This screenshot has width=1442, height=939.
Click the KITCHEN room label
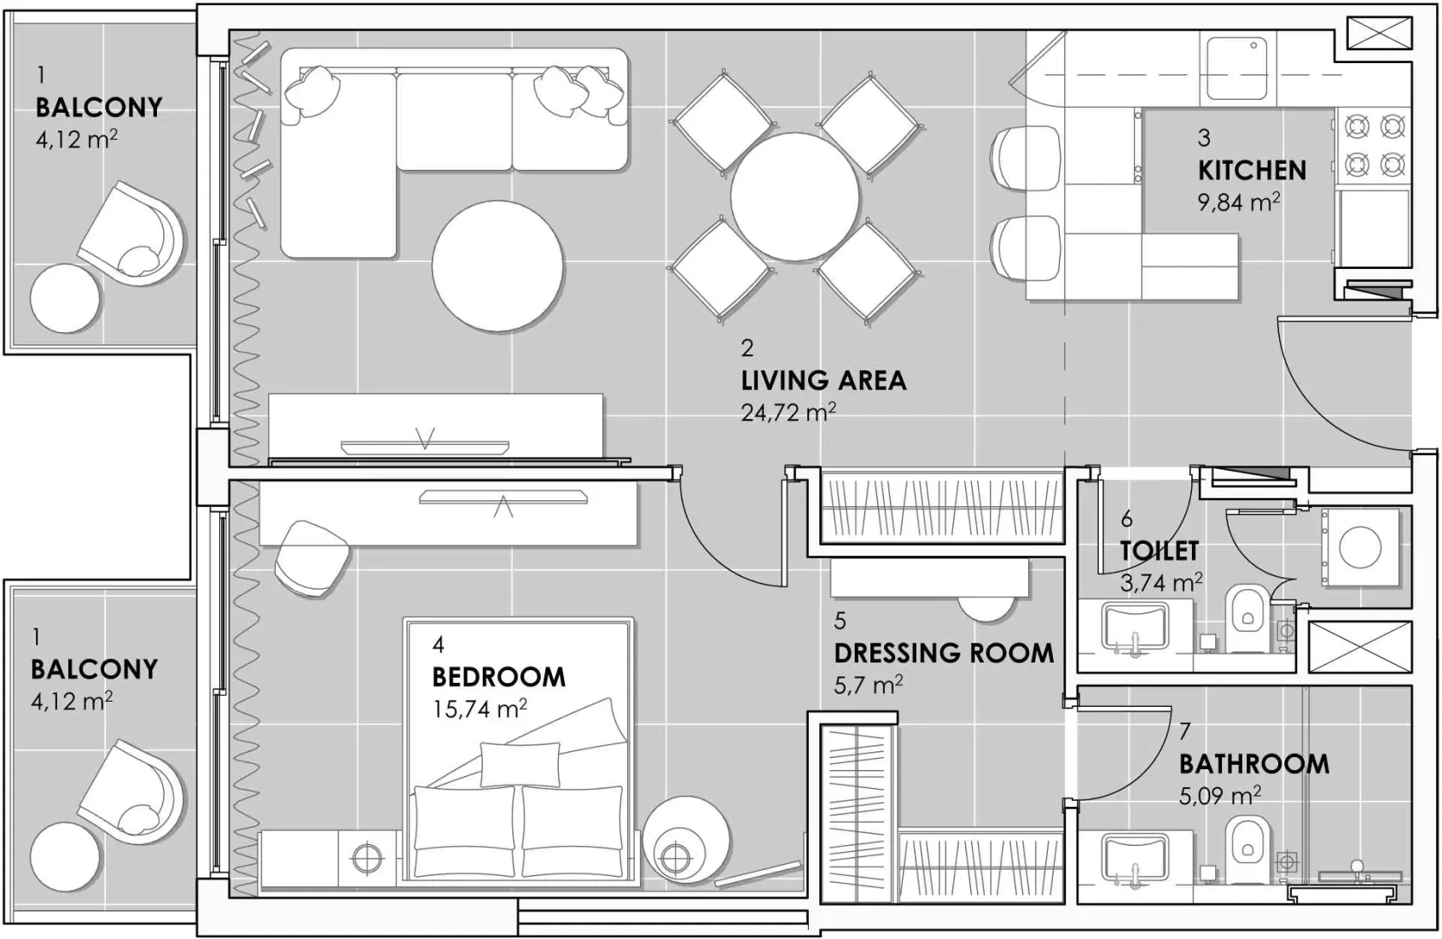tap(1252, 171)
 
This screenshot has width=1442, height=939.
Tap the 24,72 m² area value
tap(788, 413)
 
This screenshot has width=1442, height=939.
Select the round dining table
tap(794, 197)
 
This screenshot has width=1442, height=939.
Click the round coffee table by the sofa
tap(497, 265)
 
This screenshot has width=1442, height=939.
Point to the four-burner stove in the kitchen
tap(1374, 145)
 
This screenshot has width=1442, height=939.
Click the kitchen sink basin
tap(1237, 67)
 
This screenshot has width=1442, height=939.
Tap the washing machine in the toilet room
tap(1360, 547)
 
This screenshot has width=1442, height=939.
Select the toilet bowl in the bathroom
tap(1247, 845)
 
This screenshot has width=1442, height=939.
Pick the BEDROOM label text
tap(498, 677)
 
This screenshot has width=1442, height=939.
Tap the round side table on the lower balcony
tap(66, 856)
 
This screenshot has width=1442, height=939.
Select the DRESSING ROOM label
tap(944, 653)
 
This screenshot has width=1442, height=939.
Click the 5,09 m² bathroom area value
tap(1219, 796)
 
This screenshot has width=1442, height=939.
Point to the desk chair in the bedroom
tap(312, 559)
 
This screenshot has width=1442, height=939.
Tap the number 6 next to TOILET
tap(1126, 519)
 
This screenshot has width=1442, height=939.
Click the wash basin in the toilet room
tap(1134, 627)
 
